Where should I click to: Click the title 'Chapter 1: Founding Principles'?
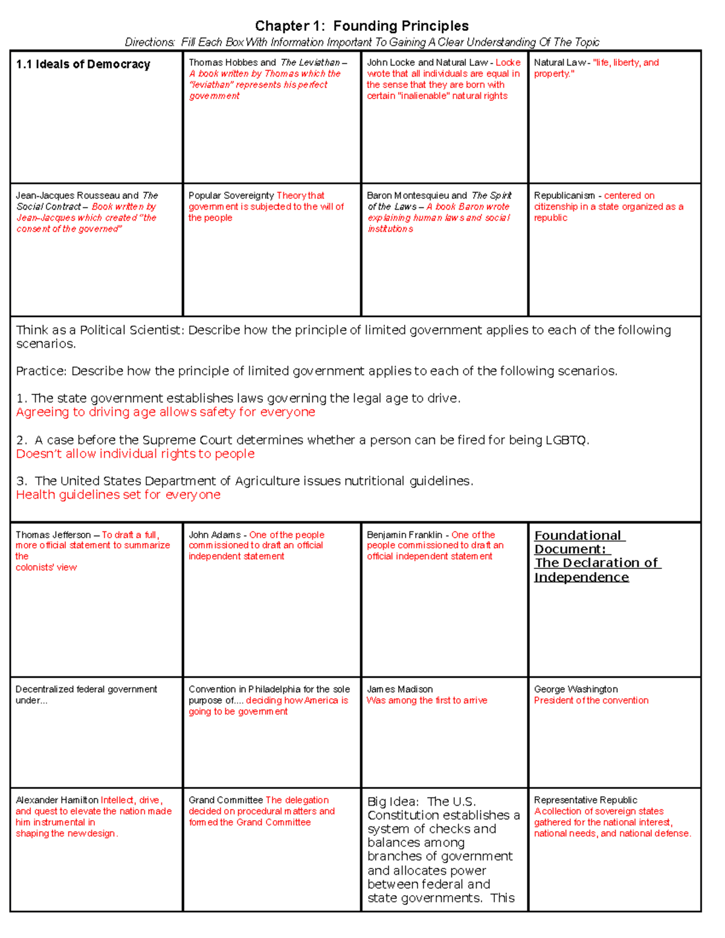tap(361, 26)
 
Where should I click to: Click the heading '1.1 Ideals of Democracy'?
tap(83, 65)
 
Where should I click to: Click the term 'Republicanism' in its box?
tap(564, 196)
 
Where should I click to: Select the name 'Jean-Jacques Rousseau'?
tap(68, 196)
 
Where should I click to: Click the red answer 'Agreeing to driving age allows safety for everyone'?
tap(166, 412)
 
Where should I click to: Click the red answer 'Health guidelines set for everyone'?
tap(118, 495)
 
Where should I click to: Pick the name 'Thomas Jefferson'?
tap(53, 535)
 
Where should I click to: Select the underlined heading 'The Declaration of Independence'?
tap(597, 570)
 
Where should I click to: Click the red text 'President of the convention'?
tap(591, 701)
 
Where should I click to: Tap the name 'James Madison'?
tap(399, 689)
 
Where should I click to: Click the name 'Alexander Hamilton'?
tap(57, 800)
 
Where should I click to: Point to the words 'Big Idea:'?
tap(392, 802)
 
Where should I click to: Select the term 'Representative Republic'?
tap(585, 800)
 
